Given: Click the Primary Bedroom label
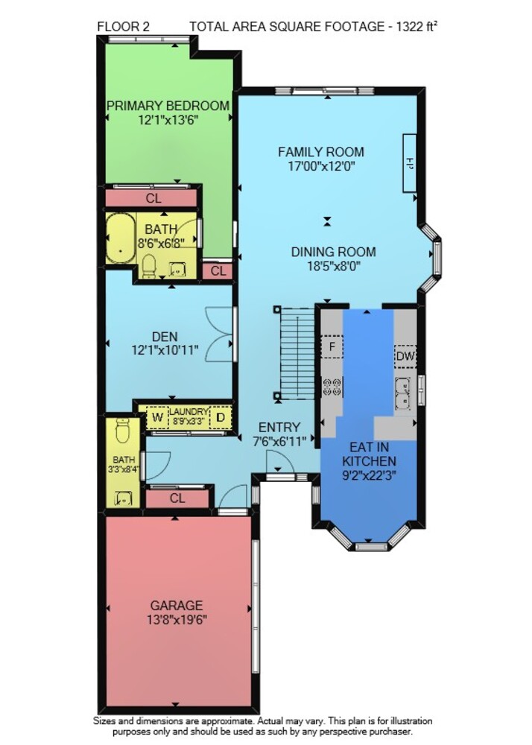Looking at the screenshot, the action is [168, 106].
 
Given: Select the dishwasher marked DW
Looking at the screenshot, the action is [405, 356].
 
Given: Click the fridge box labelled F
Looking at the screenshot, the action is [332, 346].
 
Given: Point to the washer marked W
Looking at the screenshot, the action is [157, 418].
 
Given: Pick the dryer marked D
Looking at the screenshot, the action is [221, 418].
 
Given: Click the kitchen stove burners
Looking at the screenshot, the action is [332, 386].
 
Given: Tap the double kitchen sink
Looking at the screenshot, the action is [403, 393].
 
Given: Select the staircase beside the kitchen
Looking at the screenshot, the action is [297, 354].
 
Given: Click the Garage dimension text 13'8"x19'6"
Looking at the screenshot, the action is [177, 620].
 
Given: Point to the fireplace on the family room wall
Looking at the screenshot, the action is [410, 163].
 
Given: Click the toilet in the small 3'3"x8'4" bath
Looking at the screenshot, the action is [122, 430].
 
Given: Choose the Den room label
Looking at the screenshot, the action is [165, 337].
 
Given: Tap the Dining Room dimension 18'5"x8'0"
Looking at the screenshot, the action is [334, 266].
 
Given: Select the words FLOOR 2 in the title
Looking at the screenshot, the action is [124, 27].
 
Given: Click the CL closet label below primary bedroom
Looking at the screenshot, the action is [153, 197].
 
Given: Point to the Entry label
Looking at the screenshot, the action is [279, 427].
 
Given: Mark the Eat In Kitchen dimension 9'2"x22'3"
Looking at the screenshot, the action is [369, 474].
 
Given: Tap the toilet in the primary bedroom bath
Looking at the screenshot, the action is [149, 266].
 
